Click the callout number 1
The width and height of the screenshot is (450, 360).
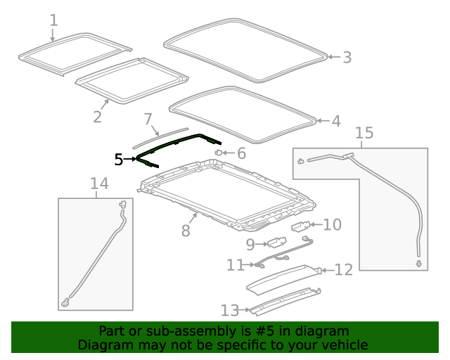(53, 20)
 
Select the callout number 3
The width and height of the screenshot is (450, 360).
(347, 57)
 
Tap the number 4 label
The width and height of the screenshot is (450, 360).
(335, 121)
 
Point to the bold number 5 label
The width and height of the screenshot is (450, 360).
(119, 160)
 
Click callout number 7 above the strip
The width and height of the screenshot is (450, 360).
(148, 119)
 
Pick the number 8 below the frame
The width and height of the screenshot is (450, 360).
(186, 230)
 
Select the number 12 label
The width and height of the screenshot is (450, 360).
(342, 269)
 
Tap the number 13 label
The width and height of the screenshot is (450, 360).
(230, 309)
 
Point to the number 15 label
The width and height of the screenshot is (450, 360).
(364, 133)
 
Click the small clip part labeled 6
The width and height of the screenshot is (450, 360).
(219, 151)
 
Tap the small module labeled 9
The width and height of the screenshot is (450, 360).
(273, 244)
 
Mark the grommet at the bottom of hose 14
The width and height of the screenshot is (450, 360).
(66, 302)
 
